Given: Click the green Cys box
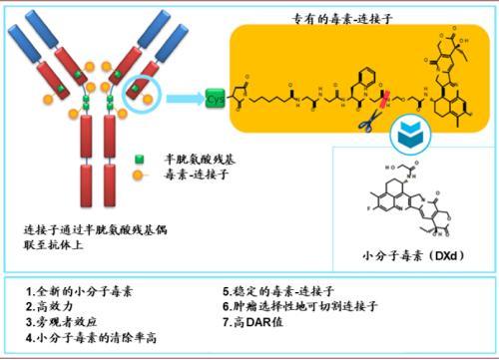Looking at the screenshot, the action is [x=215, y=100].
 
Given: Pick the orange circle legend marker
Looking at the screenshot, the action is [x=140, y=174].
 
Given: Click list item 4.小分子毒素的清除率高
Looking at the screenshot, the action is [x=96, y=340].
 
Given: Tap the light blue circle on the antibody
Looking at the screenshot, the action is [x=141, y=97].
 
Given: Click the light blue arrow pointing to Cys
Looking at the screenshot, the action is [x=184, y=100].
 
